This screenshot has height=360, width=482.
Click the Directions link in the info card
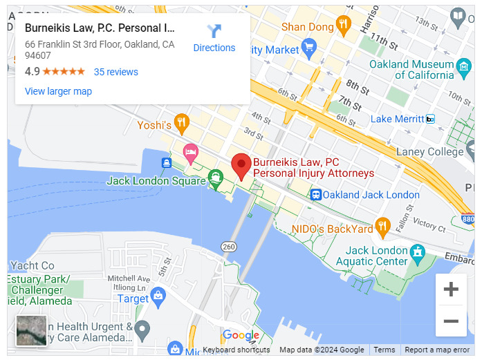[214, 38]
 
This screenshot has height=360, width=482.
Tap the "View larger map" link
[58, 91]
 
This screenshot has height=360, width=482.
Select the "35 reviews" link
[115, 72]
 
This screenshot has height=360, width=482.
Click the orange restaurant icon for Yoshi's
[181, 124]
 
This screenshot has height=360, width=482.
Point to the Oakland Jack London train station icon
[315, 195]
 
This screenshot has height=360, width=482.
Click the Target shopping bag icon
[158, 298]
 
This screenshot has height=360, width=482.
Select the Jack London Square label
[156, 181]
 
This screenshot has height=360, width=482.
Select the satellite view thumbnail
[31, 330]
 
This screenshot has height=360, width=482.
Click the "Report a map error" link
[437, 350]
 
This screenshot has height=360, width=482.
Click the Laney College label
[429, 151]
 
